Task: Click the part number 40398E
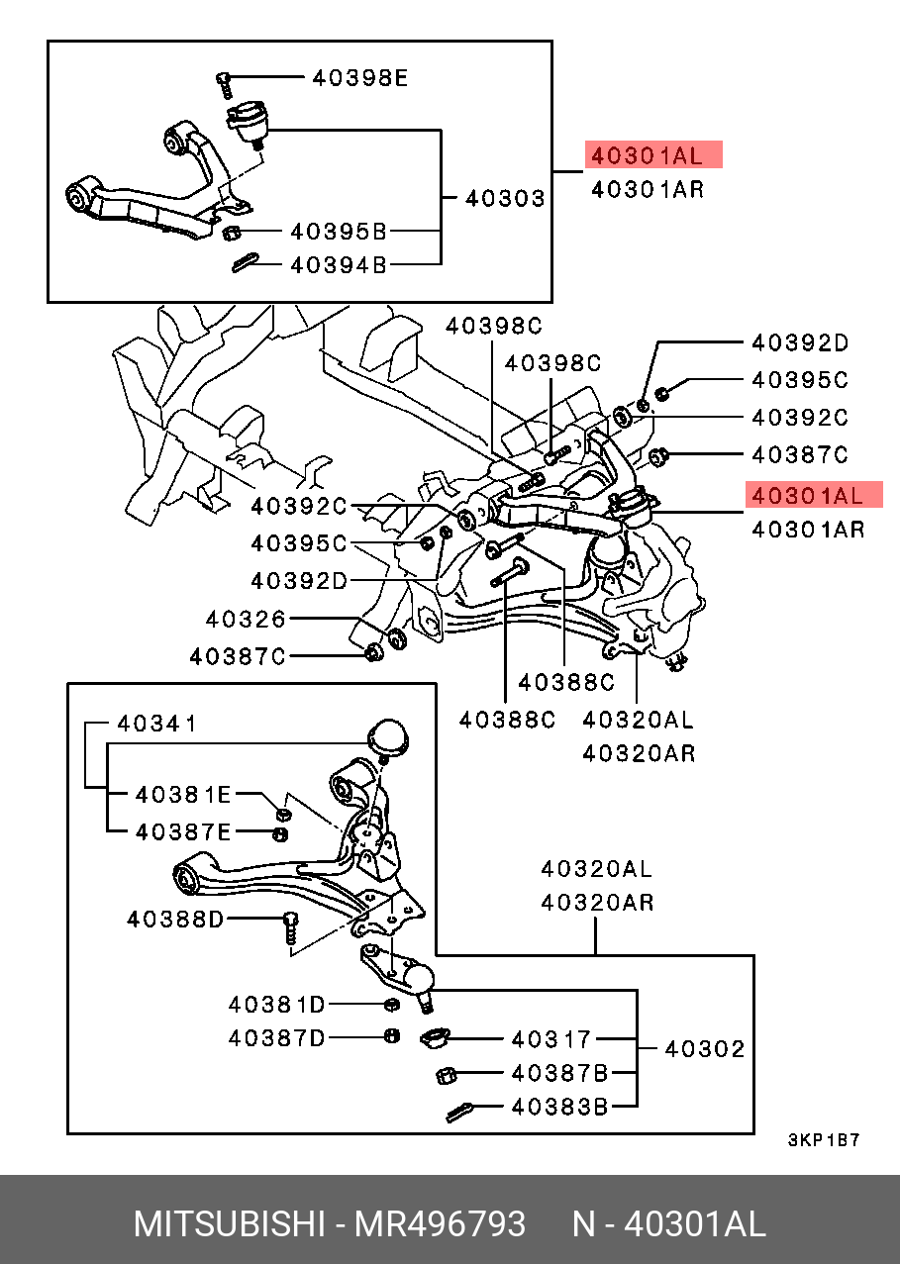[359, 77]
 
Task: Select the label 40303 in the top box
[505, 199]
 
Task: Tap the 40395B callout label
[338, 233]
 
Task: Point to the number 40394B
[338, 265]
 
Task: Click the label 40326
[246, 620]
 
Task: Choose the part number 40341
[156, 724]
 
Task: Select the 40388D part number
[174, 920]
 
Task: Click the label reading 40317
[550, 1039]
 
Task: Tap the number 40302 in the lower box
[704, 1049]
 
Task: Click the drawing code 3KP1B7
[824, 1140]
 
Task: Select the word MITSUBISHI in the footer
[230, 1225]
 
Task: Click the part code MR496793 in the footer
[441, 1225]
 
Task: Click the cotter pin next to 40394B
[245, 262]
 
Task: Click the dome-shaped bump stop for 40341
[387, 738]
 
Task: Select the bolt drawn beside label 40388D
[290, 927]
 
